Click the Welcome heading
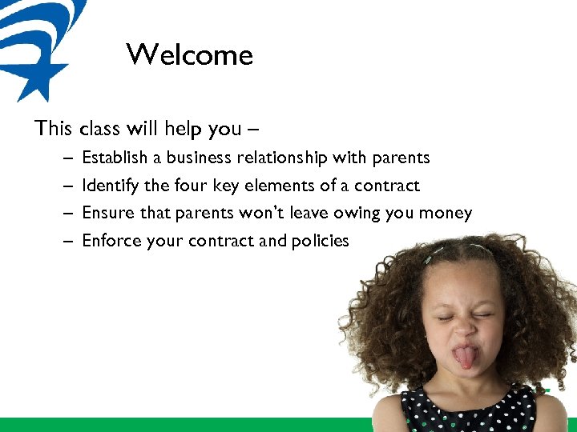(x=189, y=55)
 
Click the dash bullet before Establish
(x=65, y=158)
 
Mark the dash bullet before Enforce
(x=65, y=241)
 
